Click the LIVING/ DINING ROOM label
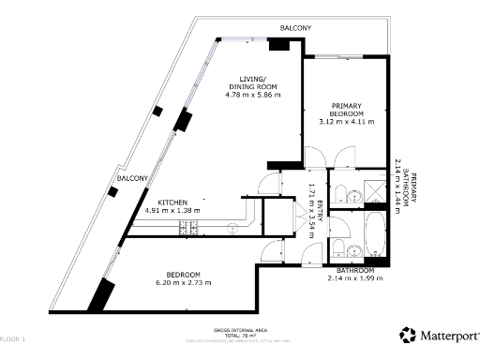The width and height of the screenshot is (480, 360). point(252,82)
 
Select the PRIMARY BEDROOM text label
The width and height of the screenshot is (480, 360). point(346,109)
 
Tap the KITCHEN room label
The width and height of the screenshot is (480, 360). point(173,202)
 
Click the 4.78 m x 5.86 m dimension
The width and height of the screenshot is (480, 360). point(252,95)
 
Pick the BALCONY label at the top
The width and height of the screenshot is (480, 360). point(297,28)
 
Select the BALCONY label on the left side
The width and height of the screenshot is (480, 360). point(131,178)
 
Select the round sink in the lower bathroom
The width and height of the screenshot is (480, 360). point(353,250)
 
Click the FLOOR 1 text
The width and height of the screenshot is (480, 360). point(13,337)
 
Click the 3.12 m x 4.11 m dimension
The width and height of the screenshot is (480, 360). point(346,121)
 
